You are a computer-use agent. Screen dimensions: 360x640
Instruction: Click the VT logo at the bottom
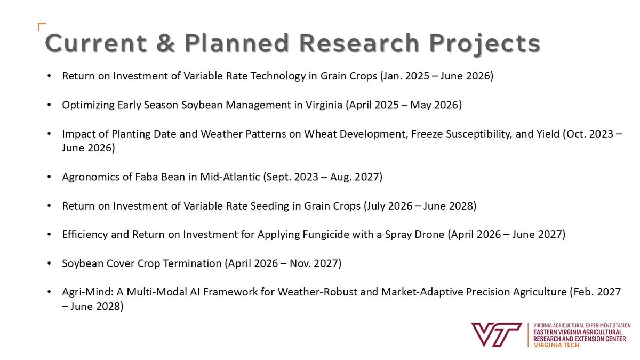495,334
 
